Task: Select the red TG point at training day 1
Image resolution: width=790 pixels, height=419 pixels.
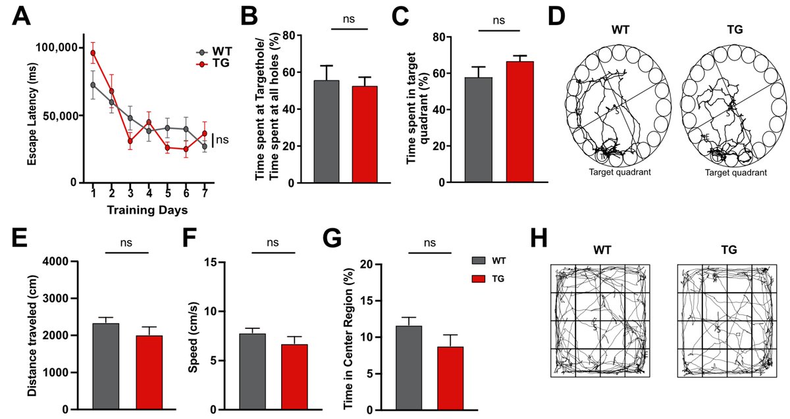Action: click(x=93, y=53)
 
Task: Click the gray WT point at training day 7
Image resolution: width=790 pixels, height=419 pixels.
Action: click(x=204, y=146)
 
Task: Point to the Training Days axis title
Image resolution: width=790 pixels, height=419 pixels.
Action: click(x=148, y=210)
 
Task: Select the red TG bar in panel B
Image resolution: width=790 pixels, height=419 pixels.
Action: click(x=365, y=134)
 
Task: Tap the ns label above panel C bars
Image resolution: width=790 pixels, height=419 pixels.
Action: click(x=498, y=20)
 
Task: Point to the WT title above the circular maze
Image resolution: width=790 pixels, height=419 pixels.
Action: click(x=617, y=30)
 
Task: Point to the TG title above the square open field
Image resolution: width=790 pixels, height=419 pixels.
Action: click(x=727, y=251)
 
